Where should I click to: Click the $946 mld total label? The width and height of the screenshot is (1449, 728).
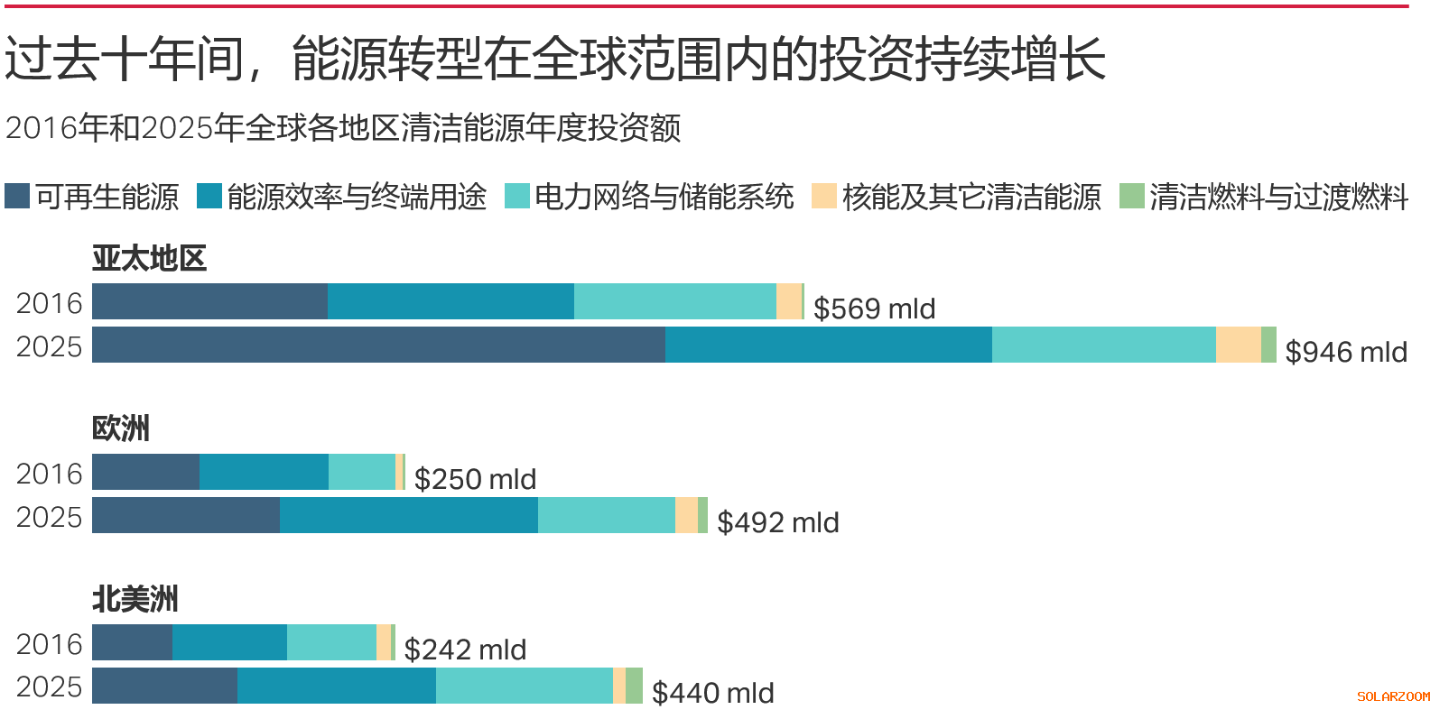point(1345,352)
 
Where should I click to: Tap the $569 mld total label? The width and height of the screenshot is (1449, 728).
point(874,309)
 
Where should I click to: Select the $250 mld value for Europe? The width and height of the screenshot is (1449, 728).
point(475,479)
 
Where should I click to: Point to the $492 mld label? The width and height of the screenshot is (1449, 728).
point(777,522)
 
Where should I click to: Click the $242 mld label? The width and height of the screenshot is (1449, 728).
point(465,650)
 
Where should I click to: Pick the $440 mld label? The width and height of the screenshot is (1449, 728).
point(712,693)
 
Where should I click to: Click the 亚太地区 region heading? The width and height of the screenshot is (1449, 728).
point(149,259)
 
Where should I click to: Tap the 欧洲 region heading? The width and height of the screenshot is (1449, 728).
point(121,429)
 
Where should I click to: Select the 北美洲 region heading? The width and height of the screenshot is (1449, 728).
point(135,599)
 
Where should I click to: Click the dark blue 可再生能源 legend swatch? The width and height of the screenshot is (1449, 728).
point(17,196)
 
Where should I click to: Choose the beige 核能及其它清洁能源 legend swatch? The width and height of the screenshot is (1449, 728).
point(823,196)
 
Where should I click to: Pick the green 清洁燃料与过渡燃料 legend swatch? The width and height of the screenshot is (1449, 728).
point(1131,196)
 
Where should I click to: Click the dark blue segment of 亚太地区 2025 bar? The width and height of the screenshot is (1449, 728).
point(378,345)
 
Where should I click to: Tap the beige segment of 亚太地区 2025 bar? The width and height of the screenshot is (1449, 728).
point(1238,345)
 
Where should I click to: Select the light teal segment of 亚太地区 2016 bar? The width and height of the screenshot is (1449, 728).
point(674,301)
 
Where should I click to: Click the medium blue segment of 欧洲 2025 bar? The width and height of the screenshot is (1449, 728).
point(408,515)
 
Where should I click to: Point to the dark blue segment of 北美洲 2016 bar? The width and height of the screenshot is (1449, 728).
point(132,642)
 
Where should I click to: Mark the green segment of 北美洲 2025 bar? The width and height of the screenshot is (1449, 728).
point(634,686)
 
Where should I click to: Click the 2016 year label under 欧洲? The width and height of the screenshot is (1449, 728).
point(49,474)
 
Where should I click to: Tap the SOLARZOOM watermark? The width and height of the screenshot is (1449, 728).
point(1393,696)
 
